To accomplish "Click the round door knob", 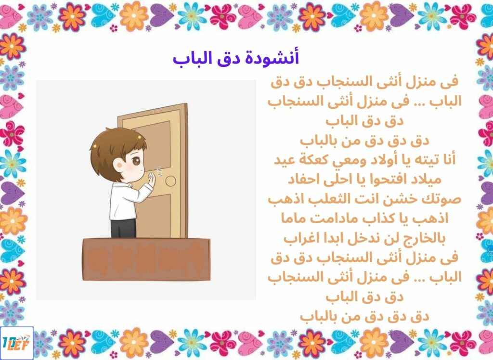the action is (x=171, y=181).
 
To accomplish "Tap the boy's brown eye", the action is (x=136, y=161).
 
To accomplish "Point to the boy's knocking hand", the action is (x=152, y=180).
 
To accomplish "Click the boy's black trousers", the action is (x=123, y=228).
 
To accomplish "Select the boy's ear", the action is (x=118, y=166).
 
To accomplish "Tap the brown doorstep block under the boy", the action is (x=146, y=259).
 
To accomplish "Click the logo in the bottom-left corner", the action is (x=17, y=343).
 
